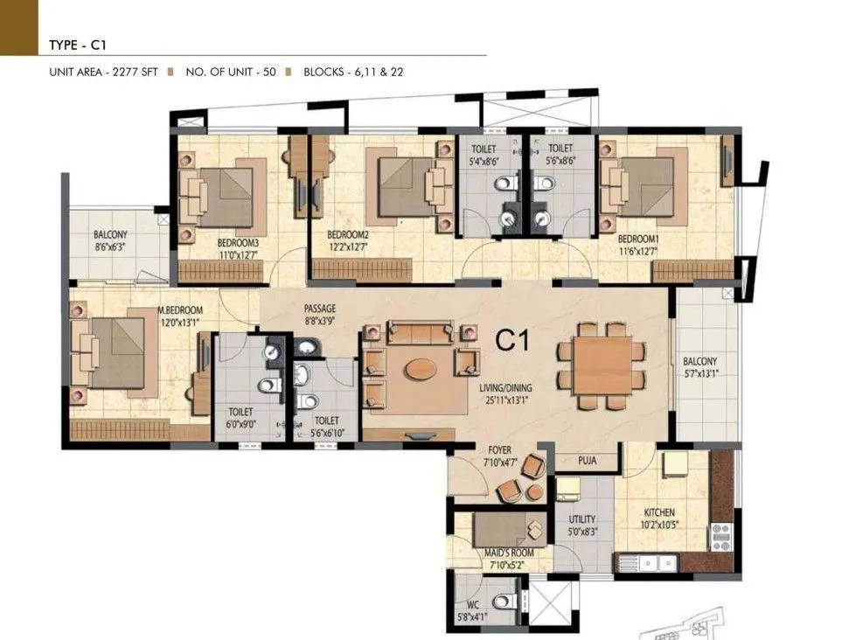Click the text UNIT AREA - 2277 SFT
(103, 73)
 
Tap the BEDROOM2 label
(347, 235)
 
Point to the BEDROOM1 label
(637, 239)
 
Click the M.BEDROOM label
(180, 310)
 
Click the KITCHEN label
(661, 513)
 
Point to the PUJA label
(588, 461)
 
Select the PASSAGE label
(320, 310)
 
